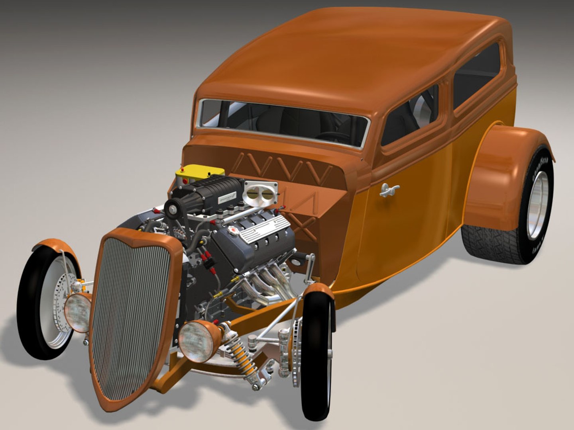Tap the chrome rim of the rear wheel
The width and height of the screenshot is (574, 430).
point(538,205)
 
